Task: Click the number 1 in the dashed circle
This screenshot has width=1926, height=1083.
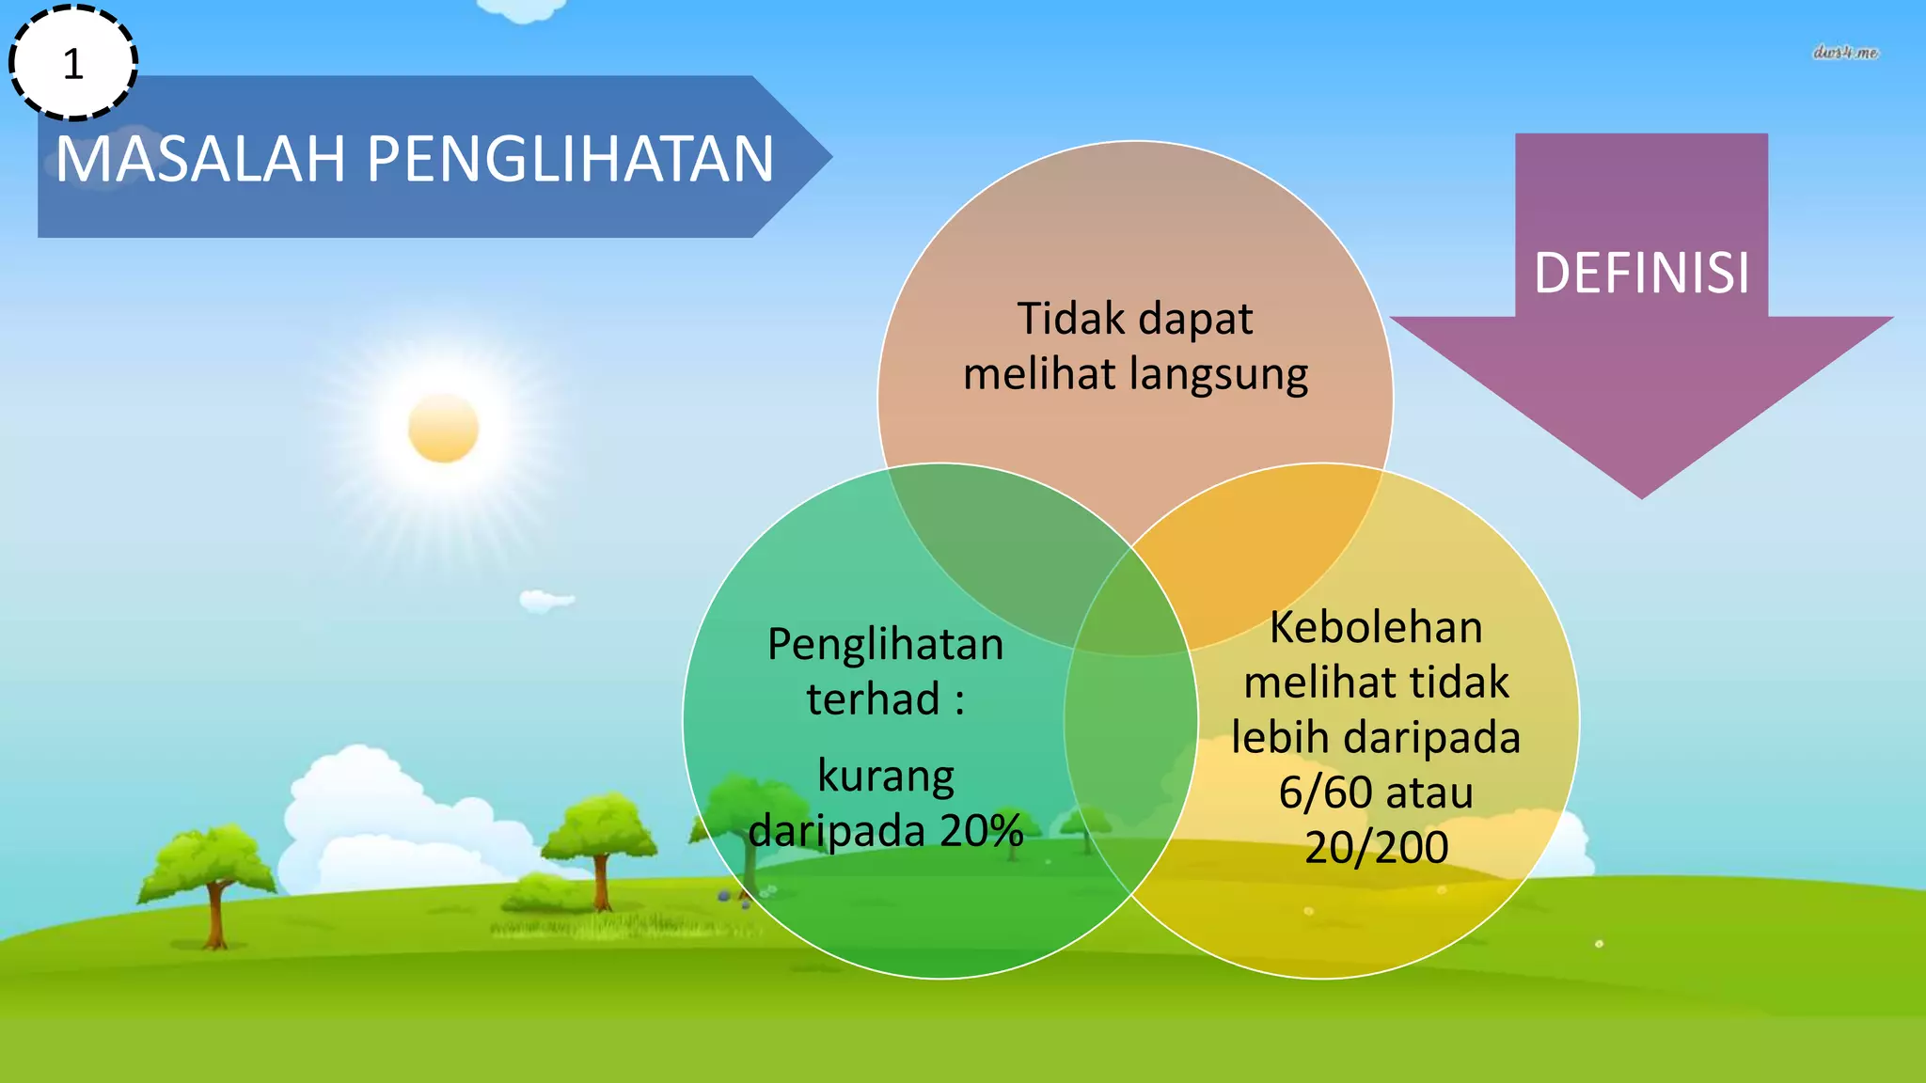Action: point(73,65)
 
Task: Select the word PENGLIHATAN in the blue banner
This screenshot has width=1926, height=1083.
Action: point(570,159)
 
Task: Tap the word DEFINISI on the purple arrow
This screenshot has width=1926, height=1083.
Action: point(1641,274)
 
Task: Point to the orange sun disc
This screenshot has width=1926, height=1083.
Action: point(443,428)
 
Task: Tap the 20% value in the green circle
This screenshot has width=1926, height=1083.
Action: point(981,830)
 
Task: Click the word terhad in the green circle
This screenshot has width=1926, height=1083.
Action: point(873,698)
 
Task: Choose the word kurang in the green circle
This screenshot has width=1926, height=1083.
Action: point(885,777)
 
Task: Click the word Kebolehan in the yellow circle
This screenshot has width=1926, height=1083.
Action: point(1375,627)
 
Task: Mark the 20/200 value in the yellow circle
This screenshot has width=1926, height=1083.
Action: point(1375,847)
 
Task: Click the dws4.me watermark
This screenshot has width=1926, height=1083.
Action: point(1844,53)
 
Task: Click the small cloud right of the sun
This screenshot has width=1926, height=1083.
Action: point(545,600)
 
